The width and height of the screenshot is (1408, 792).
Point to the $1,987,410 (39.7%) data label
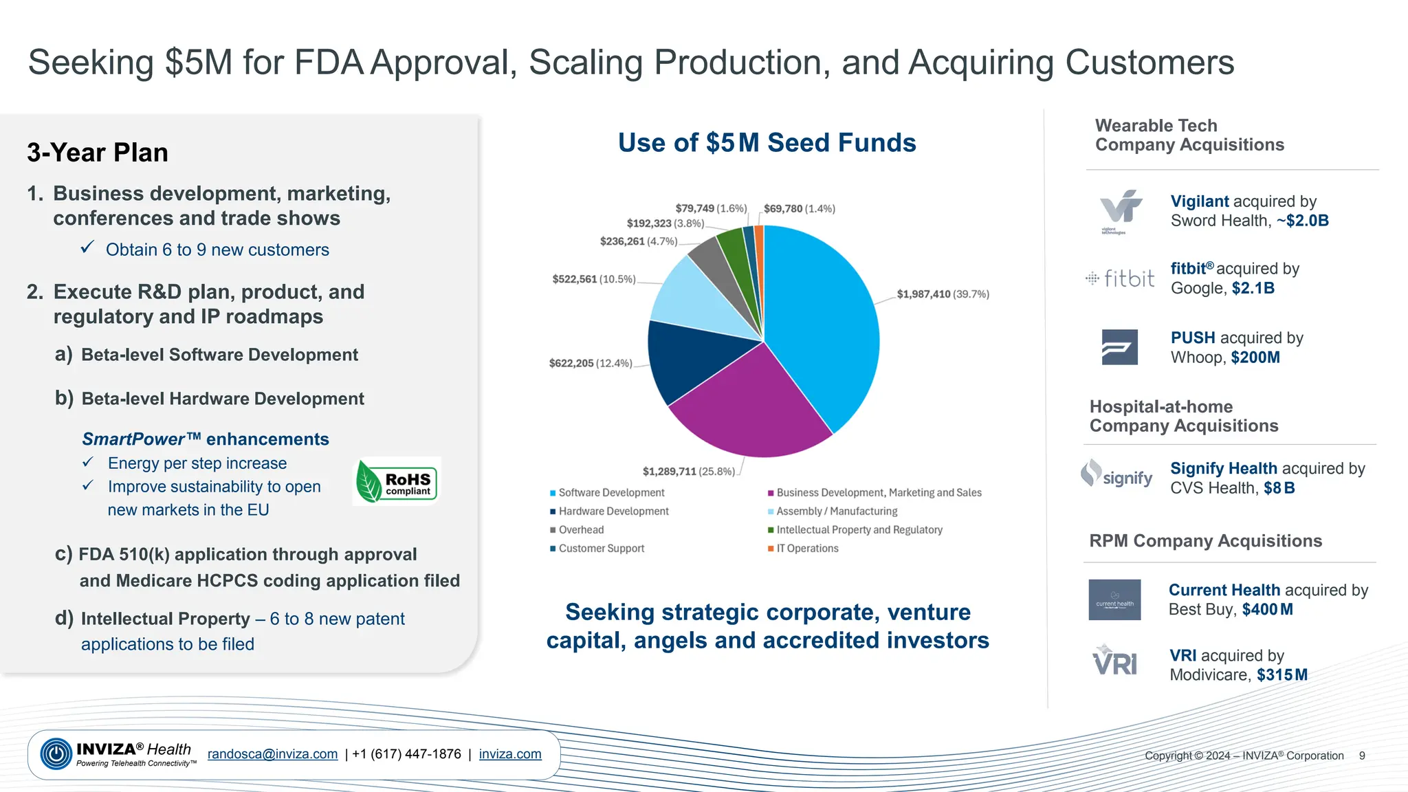[x=943, y=294]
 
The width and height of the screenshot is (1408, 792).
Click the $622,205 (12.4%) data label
[x=590, y=363]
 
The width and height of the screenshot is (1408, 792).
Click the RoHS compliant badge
[x=397, y=481]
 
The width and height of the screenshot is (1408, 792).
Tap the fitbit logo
[x=1120, y=278]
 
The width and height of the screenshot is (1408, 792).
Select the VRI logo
[x=1114, y=661]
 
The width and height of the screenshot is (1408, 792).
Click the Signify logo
[x=1116, y=475]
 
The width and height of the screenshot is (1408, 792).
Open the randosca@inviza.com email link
[x=272, y=754]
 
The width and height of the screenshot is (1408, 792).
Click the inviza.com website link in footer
[x=510, y=754]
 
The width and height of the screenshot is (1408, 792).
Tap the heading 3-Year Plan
[x=98, y=153]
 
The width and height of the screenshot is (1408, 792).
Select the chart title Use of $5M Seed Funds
[x=767, y=143]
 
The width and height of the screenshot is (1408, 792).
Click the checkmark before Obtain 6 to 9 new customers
[x=87, y=247]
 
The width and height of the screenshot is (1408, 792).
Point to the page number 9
[x=1361, y=756]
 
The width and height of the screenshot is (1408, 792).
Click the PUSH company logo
[x=1119, y=347]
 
